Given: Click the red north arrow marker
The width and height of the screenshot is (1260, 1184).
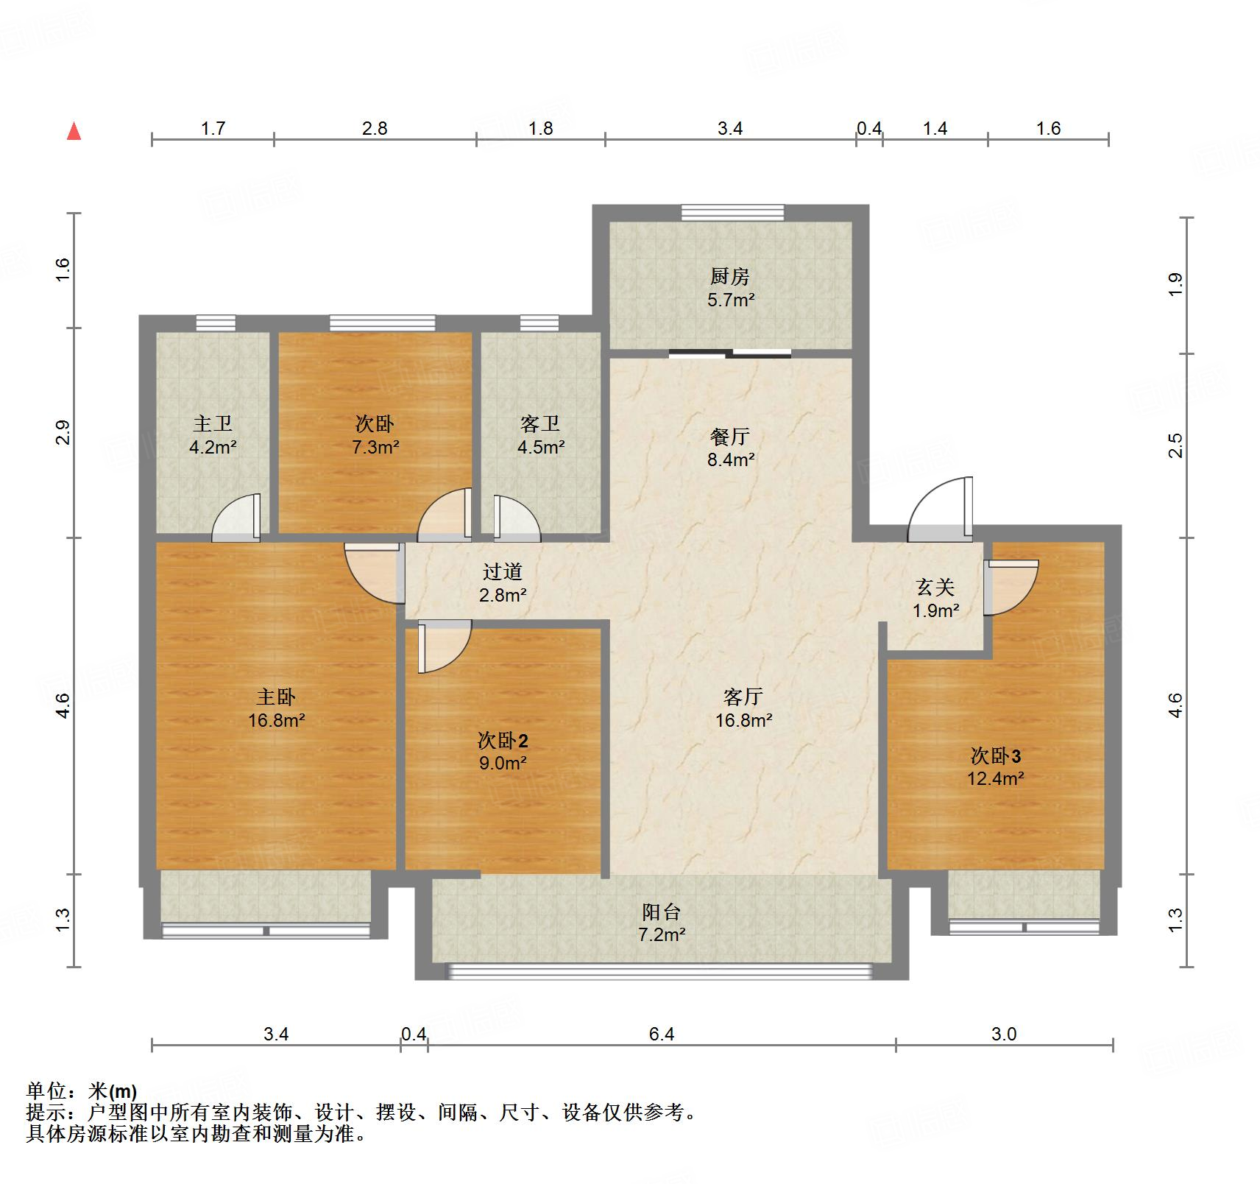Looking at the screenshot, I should tap(74, 132).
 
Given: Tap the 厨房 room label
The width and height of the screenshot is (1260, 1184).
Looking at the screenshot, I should tap(729, 276).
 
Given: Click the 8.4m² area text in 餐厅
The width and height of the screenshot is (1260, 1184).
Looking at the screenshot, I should tap(732, 460).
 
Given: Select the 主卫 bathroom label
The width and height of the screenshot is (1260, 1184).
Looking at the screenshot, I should tap(213, 423).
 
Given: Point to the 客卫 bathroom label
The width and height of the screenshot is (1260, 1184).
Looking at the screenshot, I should tap(540, 423).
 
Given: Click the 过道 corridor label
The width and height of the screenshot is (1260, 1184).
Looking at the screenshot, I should tap(503, 571).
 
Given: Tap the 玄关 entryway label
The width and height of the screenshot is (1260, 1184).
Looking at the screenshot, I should tap(935, 587).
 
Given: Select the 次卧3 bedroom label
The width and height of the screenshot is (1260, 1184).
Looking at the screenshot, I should tap(995, 756).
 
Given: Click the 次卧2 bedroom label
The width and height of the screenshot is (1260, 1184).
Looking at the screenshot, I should tap(503, 740).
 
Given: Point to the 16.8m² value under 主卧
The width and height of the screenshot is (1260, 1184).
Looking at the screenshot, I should tap(276, 720).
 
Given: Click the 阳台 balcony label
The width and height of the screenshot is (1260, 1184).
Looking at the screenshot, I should tap(661, 912).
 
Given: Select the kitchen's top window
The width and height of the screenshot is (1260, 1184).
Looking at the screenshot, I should tap(732, 213).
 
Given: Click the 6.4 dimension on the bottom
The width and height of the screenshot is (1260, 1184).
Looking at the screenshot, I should tap(661, 1035).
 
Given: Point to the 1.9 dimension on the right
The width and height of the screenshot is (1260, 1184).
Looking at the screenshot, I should tap(1175, 284).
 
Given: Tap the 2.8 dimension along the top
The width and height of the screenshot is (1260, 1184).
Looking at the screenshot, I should tap(374, 129).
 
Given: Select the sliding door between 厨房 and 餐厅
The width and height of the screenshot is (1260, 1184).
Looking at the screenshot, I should tap(730, 353).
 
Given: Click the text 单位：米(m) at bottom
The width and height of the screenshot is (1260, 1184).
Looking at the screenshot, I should tap(82, 1091).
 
